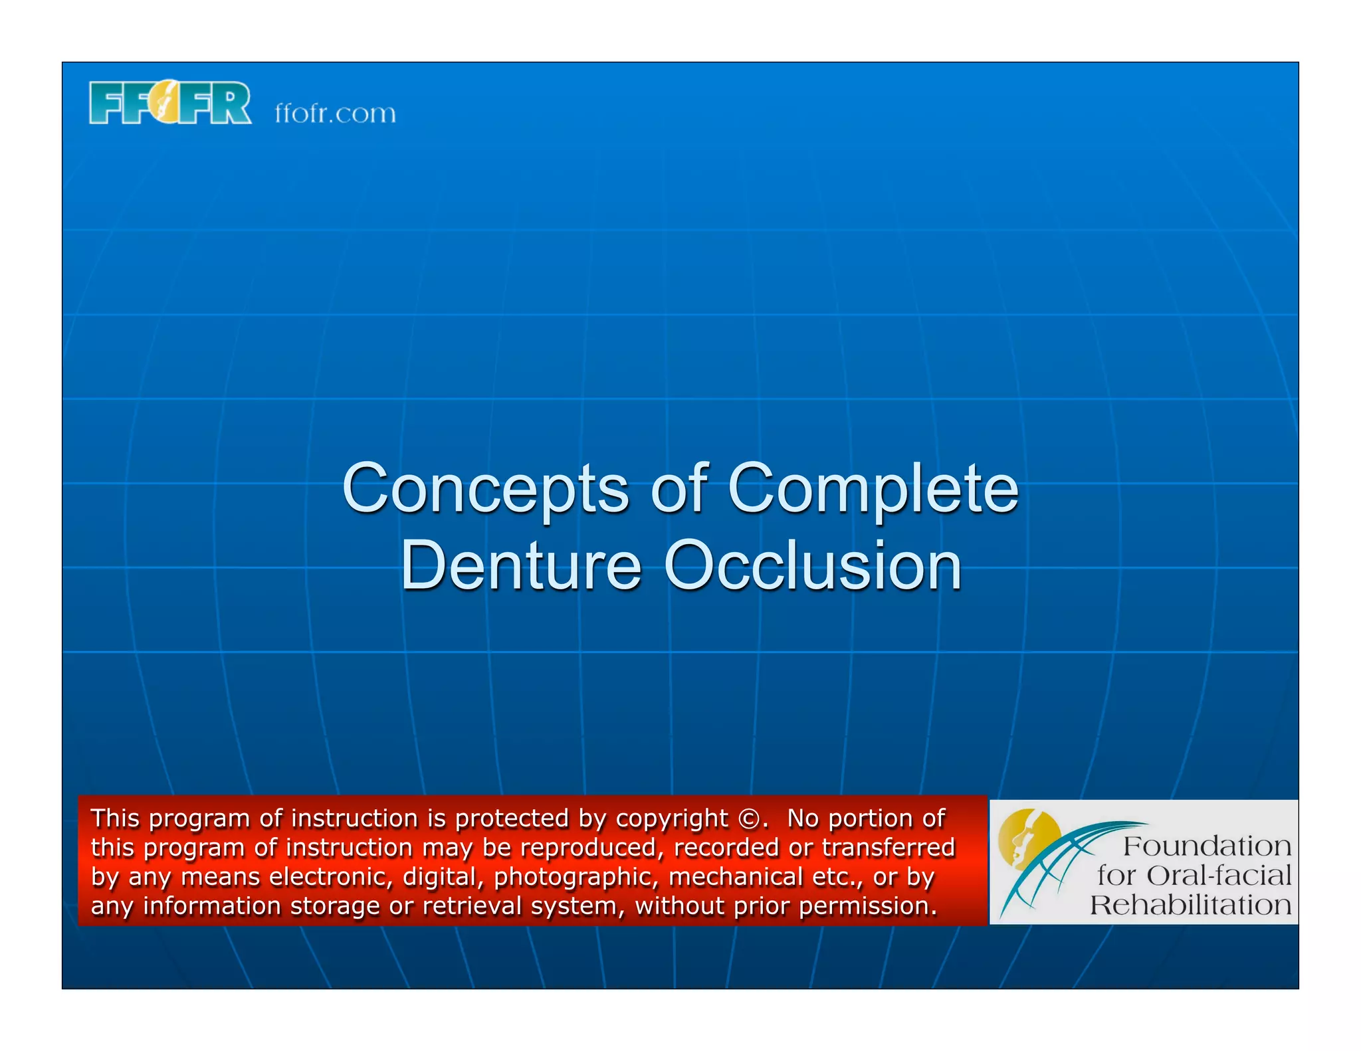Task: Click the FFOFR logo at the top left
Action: [x=170, y=103]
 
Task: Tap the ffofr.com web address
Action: [x=335, y=114]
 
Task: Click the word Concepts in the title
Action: [x=484, y=489]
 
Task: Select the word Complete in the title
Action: [x=873, y=489]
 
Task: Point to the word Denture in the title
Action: [x=520, y=565]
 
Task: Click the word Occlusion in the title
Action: [x=812, y=565]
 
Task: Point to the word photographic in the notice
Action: [x=576, y=878]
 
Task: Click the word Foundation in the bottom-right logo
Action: [x=1207, y=846]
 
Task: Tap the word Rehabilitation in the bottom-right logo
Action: [x=1190, y=905]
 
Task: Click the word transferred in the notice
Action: [x=889, y=848]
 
